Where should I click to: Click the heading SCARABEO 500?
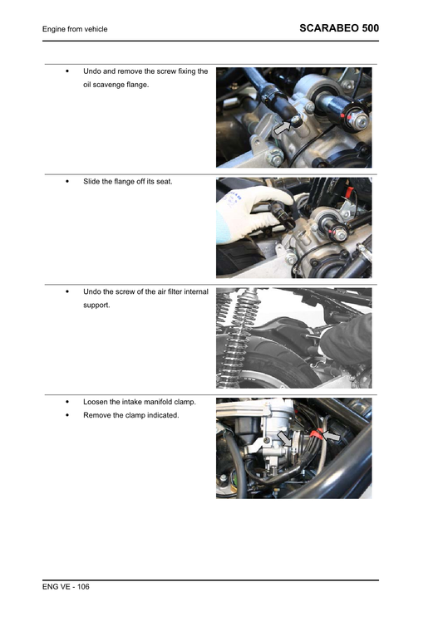(x=338, y=28)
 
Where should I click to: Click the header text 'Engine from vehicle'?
(x=75, y=30)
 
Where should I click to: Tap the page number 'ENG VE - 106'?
(x=66, y=587)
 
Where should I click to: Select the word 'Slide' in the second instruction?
(x=92, y=181)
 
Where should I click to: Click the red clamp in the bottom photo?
(x=317, y=433)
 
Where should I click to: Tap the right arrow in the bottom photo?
(x=331, y=434)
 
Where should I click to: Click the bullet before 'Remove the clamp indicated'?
(x=66, y=415)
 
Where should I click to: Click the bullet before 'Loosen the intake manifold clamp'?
(x=66, y=402)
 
